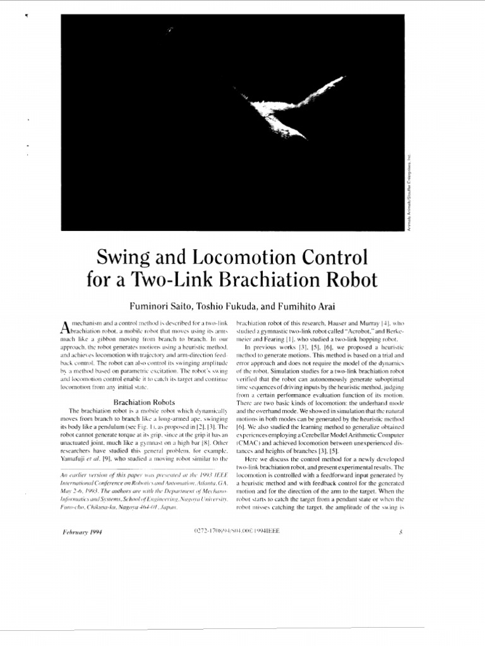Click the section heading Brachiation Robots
pos(143,401)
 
